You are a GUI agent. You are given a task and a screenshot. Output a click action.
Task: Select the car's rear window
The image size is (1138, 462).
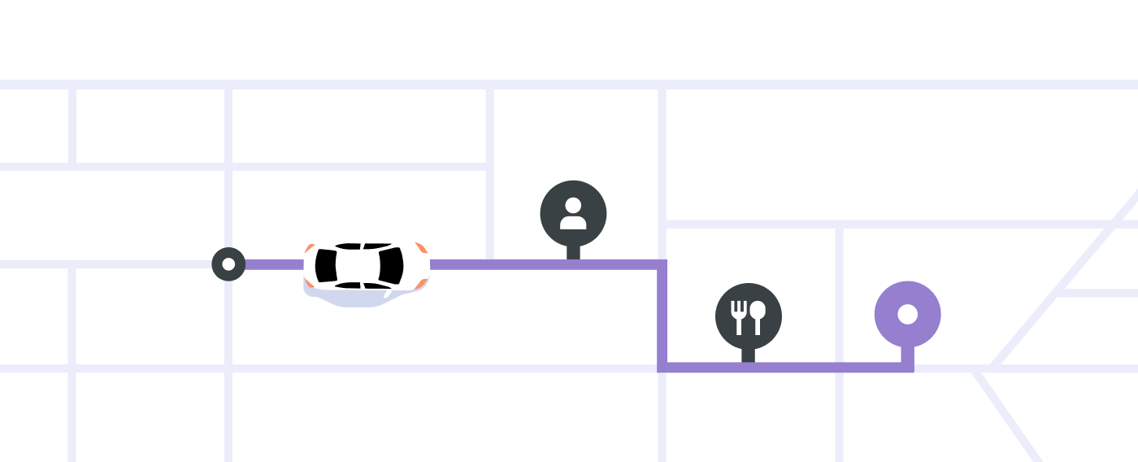pos(326,264)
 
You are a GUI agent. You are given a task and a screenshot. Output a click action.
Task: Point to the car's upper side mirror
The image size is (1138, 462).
pos(388,237)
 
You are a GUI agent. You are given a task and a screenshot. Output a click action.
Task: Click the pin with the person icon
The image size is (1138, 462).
pos(573,213)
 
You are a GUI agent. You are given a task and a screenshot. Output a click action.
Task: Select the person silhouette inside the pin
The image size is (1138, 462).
pos(573,213)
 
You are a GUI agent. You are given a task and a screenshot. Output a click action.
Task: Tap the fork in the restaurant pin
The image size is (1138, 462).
pos(738,316)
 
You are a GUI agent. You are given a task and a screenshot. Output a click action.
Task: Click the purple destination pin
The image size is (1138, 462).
pos(907,314)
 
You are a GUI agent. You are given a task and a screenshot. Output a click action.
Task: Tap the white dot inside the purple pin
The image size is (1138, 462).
pos(907,314)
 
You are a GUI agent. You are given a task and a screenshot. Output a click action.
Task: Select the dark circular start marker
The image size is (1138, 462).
pos(228,264)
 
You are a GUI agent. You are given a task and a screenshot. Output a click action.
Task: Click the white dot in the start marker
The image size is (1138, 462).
pos(228,264)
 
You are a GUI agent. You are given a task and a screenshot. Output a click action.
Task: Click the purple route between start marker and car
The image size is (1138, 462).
pos(273,264)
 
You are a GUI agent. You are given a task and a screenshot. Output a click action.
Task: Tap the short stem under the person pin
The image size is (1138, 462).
pos(573,252)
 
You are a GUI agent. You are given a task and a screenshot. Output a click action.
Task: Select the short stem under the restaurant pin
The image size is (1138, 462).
pos(748,355)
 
